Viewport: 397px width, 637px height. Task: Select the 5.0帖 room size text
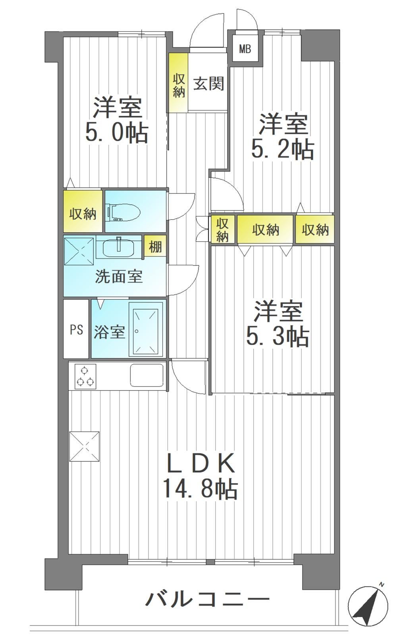(117, 132)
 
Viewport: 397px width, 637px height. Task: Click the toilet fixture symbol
(123, 211)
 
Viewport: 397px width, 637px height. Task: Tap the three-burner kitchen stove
(85, 377)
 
